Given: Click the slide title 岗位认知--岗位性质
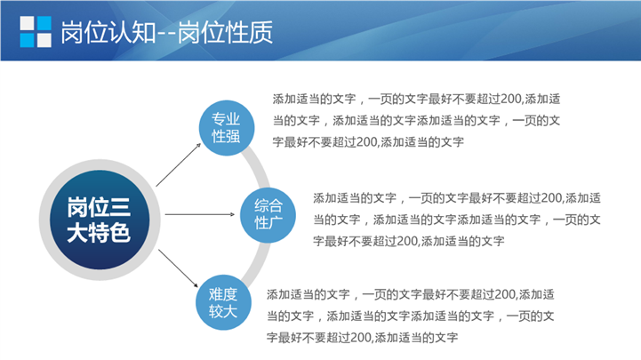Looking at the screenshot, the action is coord(166,32).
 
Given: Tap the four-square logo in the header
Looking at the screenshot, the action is coord(36,32).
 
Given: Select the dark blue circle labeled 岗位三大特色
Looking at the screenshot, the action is coord(100,220).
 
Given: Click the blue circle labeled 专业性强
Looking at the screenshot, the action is coord(227,128).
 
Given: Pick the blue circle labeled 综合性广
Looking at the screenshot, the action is coord(268,215).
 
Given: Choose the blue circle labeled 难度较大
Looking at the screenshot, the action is coord(223,302).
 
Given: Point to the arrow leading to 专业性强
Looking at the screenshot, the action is coord(178,164).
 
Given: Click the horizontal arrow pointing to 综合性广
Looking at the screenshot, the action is coord(200,214).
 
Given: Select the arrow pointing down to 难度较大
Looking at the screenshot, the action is coord(178,268).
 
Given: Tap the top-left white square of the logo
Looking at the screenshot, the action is coord(27,23).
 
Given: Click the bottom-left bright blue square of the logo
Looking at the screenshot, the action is coord(27,40).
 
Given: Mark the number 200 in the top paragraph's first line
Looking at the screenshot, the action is coord(511,99).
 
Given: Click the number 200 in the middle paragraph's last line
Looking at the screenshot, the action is coord(407,241).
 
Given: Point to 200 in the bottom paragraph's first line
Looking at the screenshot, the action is coord(505,294).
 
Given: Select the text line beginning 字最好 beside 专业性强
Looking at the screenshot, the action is coord(368,142).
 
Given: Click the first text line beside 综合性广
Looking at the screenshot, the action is coord(457,198).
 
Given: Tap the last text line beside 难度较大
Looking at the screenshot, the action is coord(362,338).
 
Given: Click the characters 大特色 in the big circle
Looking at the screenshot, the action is coord(99,233).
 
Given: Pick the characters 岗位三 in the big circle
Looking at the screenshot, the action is coord(99,207).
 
